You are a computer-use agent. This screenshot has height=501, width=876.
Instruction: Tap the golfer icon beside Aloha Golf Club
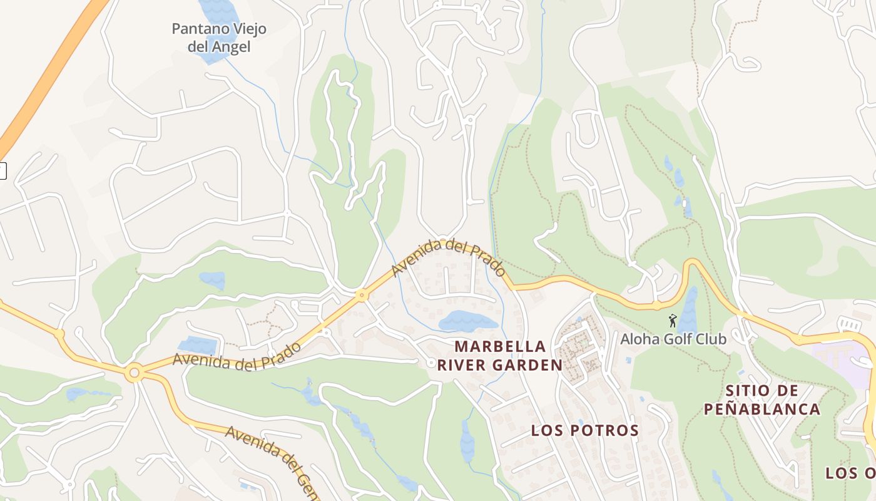pos(673,321)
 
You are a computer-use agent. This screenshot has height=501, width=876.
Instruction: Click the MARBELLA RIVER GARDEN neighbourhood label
pos(500,356)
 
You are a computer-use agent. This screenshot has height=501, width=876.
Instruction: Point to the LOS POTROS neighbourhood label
pos(584,430)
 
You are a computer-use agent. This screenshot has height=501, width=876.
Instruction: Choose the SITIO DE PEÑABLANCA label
pos(761,400)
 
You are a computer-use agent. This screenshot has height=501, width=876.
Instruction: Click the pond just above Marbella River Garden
pos(467,321)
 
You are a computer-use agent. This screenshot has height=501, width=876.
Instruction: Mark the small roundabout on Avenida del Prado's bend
pos(361,295)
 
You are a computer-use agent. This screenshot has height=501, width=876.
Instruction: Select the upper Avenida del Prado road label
pos(449,257)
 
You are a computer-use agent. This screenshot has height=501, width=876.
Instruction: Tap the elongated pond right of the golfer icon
pos(688,310)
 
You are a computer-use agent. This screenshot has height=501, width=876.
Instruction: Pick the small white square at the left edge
pos(3,170)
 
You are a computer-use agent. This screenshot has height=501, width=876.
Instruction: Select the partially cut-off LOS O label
pos(850,473)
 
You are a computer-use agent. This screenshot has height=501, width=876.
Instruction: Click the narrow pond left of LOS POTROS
pos(467,441)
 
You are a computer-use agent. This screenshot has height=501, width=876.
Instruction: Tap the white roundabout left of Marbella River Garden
pos(431,363)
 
